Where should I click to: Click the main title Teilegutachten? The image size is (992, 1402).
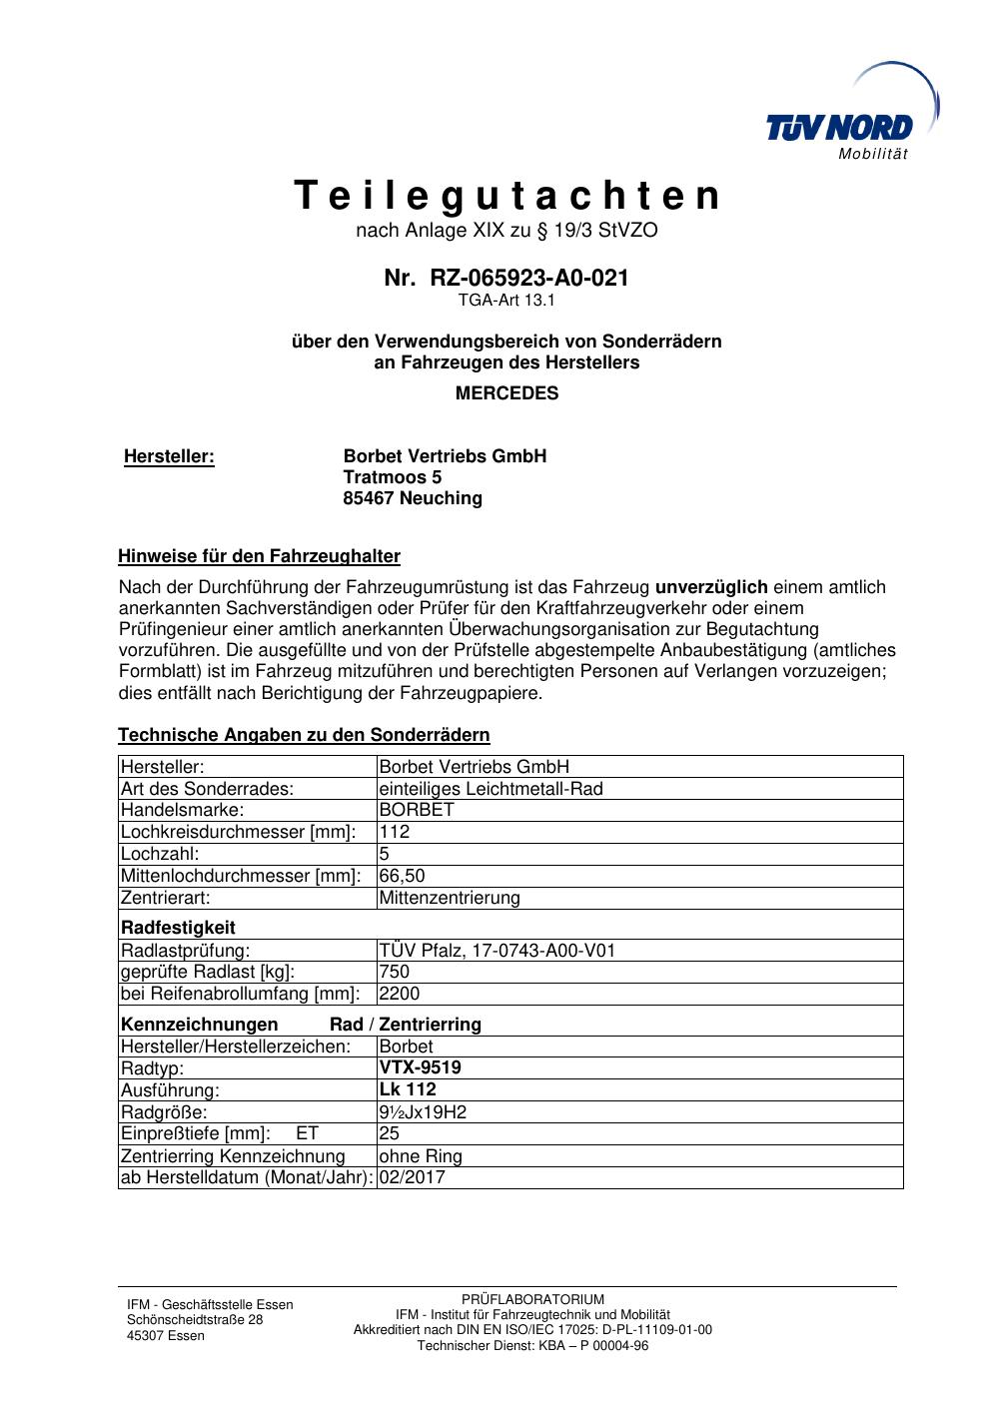(506, 197)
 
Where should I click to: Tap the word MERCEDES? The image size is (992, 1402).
(506, 393)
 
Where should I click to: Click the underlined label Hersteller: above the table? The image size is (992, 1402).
(169, 456)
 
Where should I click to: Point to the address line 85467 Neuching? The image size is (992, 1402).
(412, 498)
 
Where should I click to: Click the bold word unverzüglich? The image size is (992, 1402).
(711, 587)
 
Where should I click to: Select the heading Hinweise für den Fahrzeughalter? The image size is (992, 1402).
(259, 556)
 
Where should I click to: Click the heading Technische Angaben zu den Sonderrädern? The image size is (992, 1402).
(304, 736)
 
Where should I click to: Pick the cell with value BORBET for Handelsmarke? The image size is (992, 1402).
(417, 810)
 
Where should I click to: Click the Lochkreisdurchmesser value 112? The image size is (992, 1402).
(395, 832)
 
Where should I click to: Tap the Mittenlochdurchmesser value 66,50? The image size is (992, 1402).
(403, 876)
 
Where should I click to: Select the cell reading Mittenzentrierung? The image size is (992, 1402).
(450, 898)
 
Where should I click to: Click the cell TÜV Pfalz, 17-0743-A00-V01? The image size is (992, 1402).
(496, 950)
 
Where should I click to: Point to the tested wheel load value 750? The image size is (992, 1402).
(395, 972)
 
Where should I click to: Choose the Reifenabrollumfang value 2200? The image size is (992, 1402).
(400, 994)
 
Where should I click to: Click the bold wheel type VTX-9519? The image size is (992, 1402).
(420, 1067)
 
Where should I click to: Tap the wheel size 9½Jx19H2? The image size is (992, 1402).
(423, 1112)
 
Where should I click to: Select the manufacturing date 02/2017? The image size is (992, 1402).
(412, 1178)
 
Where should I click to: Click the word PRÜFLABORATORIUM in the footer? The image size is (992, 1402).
(532, 1299)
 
